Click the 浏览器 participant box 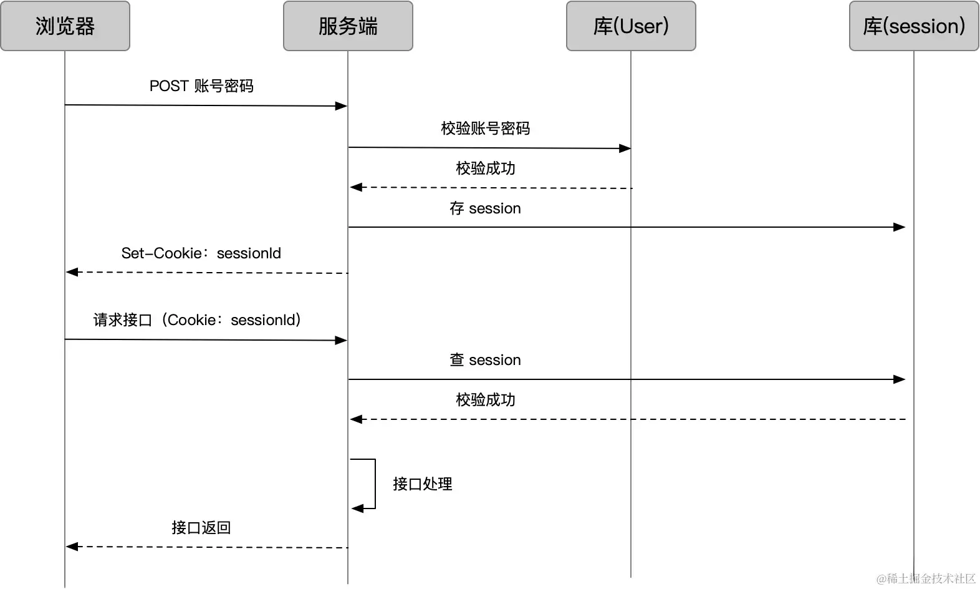65,26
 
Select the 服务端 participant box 348,26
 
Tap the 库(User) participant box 631,26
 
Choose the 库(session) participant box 914,26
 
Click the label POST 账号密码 201,86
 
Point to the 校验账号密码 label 485,129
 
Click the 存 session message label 485,208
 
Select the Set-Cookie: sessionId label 201,253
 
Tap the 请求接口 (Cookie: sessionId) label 197,320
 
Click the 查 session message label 485,360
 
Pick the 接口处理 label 422,484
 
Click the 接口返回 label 201,528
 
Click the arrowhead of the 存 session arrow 900,227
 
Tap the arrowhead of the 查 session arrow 900,379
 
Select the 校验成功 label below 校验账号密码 485,168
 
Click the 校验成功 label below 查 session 485,400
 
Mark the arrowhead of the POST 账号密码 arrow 341,106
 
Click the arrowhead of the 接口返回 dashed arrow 72,547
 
